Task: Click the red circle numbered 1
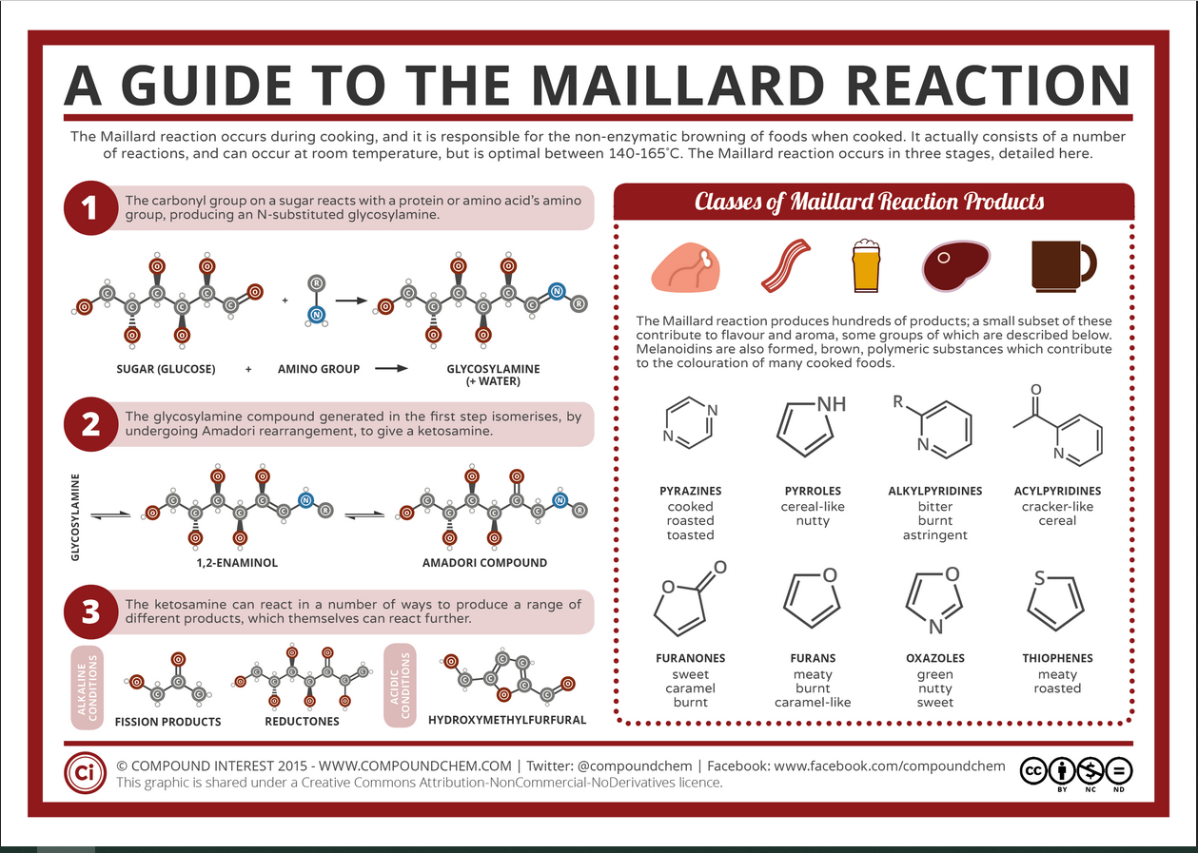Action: (x=90, y=208)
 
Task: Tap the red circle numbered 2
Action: (x=90, y=423)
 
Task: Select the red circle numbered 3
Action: (x=90, y=611)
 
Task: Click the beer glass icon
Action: (x=866, y=263)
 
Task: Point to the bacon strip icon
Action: (x=787, y=264)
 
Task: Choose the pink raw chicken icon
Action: (x=687, y=264)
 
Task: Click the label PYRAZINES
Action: (x=691, y=491)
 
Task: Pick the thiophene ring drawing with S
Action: (x=1056, y=599)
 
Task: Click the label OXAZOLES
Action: (x=935, y=658)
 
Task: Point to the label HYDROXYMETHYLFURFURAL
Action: (x=507, y=720)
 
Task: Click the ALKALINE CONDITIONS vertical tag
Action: (x=88, y=688)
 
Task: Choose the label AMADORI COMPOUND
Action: (x=484, y=562)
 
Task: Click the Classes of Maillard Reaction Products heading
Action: (x=869, y=202)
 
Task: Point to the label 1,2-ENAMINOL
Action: (x=237, y=563)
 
